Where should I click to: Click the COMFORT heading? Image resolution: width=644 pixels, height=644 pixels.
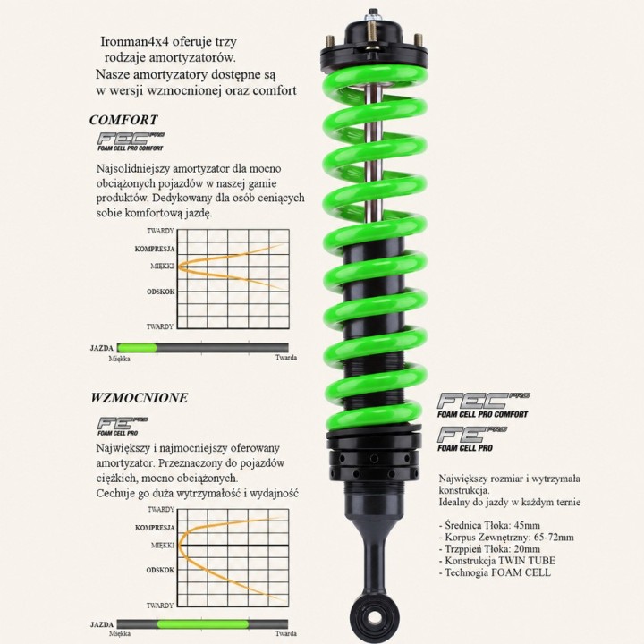[x=123, y=120]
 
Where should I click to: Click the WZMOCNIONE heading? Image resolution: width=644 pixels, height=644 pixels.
[x=140, y=397]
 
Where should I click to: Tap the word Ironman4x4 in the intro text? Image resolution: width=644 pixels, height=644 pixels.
[x=135, y=41]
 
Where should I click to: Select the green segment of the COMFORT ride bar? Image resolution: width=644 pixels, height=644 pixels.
[x=137, y=348]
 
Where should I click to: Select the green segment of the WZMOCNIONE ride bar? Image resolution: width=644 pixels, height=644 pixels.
[x=203, y=624]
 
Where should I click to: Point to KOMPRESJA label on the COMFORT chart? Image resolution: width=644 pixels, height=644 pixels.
[x=155, y=249]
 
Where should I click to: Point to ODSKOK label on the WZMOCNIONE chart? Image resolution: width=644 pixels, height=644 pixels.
[x=160, y=570]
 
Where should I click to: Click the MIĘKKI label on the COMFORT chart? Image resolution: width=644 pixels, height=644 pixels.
[x=162, y=267]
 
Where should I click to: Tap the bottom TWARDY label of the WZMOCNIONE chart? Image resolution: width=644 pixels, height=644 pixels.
[x=160, y=606]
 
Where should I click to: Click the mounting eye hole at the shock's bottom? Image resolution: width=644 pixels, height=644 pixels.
[x=374, y=617]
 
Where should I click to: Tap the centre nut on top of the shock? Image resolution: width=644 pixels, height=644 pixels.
[x=373, y=15]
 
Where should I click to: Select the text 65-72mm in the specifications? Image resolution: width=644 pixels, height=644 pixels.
[x=554, y=538]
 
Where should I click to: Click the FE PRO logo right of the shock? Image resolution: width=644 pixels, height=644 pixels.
[x=472, y=438]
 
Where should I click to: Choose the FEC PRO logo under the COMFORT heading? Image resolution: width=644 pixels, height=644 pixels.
[x=131, y=141]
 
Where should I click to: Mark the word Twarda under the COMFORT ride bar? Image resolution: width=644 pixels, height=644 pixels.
[x=286, y=358]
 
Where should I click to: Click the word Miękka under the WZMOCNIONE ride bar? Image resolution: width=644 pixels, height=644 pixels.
[x=120, y=634]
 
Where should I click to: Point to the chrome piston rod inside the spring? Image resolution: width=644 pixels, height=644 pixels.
[x=374, y=156]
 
